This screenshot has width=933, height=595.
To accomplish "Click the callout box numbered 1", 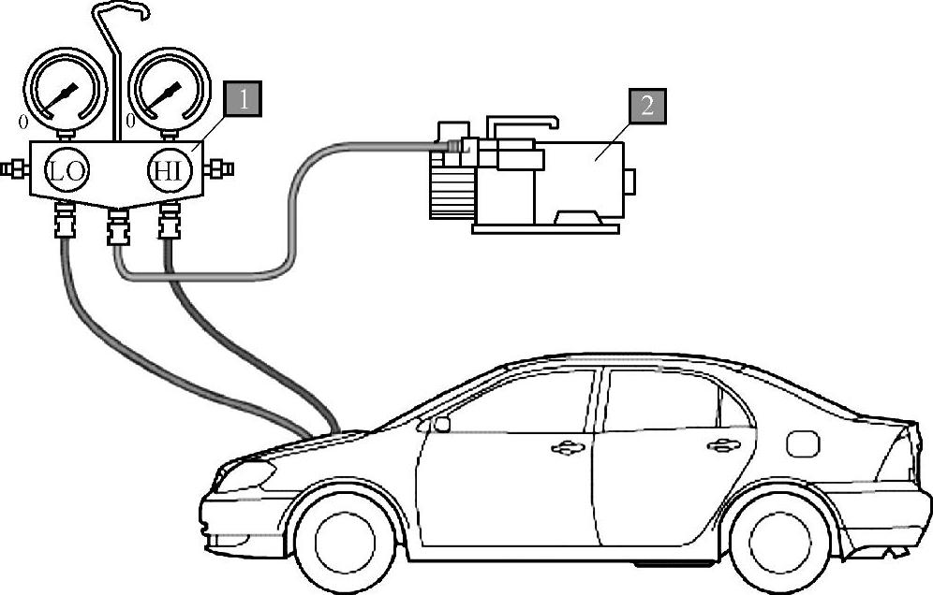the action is [x=243, y=99].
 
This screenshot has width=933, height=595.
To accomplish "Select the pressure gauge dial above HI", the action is [x=168, y=92].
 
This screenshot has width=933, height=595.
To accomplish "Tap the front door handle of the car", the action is [x=566, y=449].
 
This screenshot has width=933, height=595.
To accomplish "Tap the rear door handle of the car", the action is [x=722, y=446].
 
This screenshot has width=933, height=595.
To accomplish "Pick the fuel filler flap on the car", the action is [x=803, y=443].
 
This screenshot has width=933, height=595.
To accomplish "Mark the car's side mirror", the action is [x=440, y=424].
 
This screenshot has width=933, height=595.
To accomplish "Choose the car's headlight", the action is [x=243, y=475].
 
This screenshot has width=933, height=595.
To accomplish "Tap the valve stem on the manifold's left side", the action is [x=14, y=169].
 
